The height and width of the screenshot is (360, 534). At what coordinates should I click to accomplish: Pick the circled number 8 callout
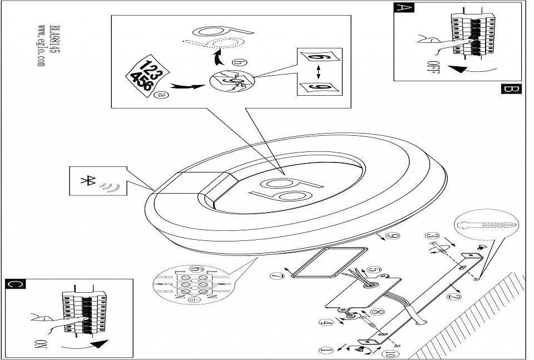(376, 314)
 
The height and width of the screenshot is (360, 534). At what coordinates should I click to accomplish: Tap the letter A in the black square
(401, 8)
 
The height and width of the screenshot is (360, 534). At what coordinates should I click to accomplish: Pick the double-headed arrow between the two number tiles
(318, 71)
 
